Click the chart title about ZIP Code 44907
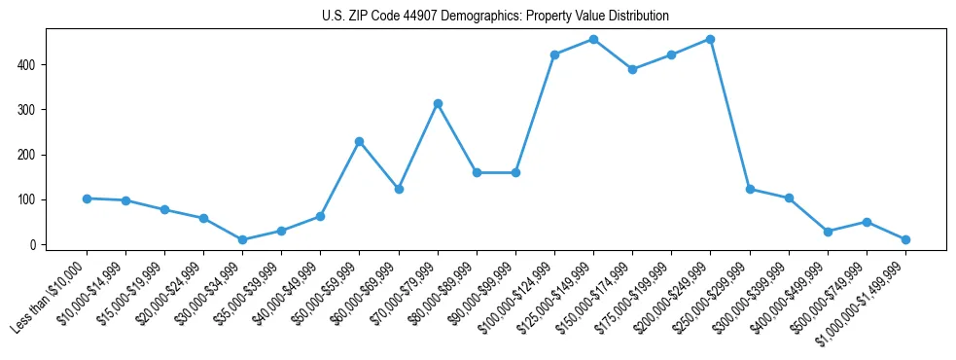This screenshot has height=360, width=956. (495, 17)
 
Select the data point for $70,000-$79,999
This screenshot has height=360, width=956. (438, 103)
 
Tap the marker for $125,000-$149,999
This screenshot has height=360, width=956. (593, 40)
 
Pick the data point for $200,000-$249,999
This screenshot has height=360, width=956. (710, 40)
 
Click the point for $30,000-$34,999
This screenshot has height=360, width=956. (242, 239)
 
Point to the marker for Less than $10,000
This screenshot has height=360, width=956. (87, 198)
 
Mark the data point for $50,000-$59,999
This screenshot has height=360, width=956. (360, 141)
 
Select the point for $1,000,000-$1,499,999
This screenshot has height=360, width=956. (905, 239)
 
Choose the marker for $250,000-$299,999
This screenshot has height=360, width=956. (750, 189)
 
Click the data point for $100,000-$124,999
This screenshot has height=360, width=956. (554, 54)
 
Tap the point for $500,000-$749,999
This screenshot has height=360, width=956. (867, 222)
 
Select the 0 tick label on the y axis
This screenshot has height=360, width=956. (35, 244)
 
